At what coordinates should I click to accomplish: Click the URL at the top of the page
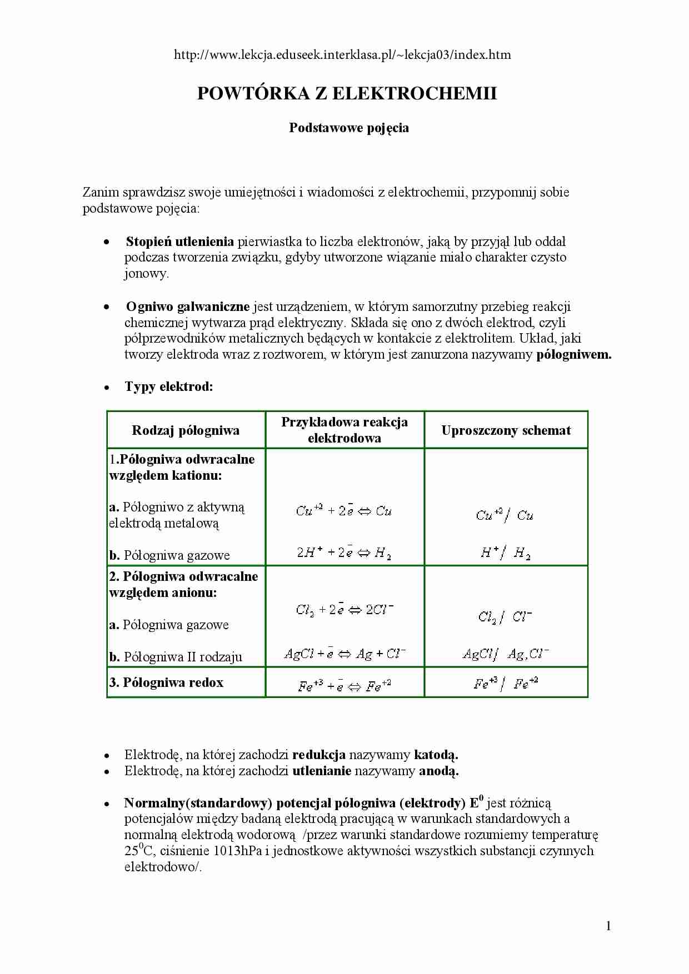point(342,55)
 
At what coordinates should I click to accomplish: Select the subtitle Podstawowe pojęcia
point(349,128)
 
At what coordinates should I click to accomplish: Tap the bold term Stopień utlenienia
point(179,242)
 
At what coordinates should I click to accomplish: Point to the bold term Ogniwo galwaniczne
point(187,307)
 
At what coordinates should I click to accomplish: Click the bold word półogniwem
point(573,354)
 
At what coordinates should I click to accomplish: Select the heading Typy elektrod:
point(169,386)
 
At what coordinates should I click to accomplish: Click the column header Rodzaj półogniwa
point(186,430)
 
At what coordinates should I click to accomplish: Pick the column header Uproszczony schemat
point(506,430)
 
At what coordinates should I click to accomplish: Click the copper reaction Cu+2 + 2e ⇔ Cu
point(343,510)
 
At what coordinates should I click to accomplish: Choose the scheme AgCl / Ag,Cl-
point(506,654)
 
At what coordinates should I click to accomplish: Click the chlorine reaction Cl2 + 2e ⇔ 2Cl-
point(344,610)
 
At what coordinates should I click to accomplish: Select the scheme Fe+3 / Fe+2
point(506,684)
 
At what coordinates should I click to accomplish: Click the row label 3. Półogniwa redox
point(166,682)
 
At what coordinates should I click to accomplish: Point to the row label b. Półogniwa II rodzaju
point(176,657)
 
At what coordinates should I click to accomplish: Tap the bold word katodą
point(436,755)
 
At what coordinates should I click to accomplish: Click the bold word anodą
point(438,771)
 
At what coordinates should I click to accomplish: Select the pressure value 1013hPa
point(229,851)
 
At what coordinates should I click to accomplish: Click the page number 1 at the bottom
point(608,926)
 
